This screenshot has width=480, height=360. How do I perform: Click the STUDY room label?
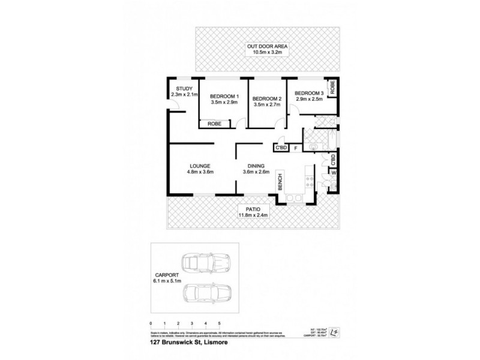(x=180, y=89)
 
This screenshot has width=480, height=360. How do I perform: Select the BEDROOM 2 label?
(x=267, y=98)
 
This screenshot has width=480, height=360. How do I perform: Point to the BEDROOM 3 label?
(x=308, y=93)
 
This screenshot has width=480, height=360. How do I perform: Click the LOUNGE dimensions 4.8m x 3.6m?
(x=200, y=173)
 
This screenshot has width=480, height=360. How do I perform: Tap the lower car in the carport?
(x=206, y=294)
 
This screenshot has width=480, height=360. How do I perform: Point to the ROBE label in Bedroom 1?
(x=214, y=124)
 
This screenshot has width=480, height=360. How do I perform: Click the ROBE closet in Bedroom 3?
(x=331, y=88)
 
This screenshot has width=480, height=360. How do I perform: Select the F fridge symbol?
(x=295, y=148)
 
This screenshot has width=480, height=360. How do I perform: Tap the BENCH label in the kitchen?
(x=280, y=181)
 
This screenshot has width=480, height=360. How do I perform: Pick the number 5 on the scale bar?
(x=220, y=323)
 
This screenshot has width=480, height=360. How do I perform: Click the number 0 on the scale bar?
(x=153, y=323)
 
